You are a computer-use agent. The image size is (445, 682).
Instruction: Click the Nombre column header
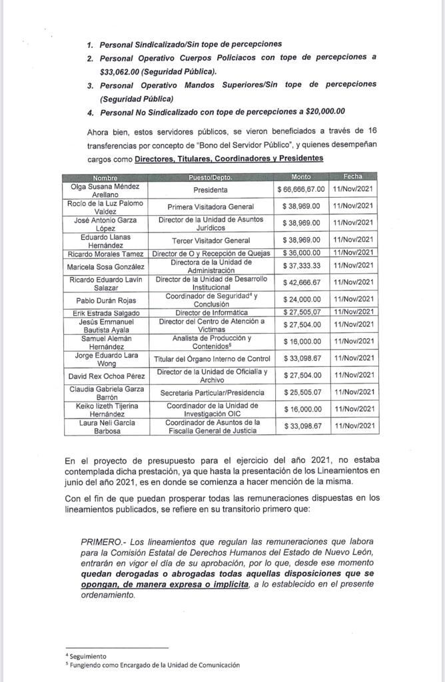click(x=105, y=177)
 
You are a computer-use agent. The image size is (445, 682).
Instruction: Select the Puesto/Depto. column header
click(x=211, y=177)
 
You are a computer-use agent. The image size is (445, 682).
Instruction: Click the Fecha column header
click(x=353, y=177)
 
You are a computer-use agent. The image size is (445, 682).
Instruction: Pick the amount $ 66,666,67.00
click(x=301, y=190)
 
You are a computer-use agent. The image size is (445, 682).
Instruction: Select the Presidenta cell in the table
click(x=211, y=190)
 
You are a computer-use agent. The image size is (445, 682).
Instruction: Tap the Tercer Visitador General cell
click(x=211, y=240)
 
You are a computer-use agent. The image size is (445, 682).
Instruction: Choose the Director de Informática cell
click(x=211, y=312)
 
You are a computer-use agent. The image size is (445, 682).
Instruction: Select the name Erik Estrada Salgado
click(x=105, y=312)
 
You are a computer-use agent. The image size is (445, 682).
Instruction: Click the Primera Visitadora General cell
click(x=211, y=206)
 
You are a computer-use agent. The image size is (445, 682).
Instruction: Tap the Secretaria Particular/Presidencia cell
click(x=211, y=393)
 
